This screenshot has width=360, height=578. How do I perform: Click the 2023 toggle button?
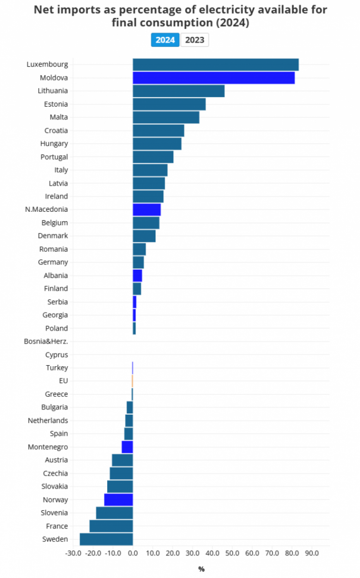[x=194, y=40]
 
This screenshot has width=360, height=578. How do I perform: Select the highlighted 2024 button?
[x=165, y=40]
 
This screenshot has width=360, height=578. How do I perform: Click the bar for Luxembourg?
[x=215, y=65]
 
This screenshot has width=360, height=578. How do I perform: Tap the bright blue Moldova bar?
[x=213, y=78]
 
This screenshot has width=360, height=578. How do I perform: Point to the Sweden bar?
[x=106, y=539]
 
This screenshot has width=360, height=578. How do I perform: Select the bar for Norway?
[x=118, y=499]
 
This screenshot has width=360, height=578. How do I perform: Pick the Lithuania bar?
[x=178, y=91]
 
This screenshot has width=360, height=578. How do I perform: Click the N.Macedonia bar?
[x=147, y=209]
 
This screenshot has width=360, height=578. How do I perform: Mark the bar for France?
[x=111, y=526]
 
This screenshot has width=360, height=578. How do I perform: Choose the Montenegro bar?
[x=127, y=447]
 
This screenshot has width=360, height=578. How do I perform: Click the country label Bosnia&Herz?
[x=46, y=341]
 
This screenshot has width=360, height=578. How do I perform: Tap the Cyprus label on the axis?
[x=57, y=355]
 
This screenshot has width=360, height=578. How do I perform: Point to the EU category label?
[x=63, y=381]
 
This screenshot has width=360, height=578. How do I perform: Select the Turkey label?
[x=57, y=368]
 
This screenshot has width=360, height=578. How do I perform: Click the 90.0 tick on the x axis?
[x=312, y=553]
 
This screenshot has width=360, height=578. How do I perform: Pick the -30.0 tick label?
[x=73, y=553]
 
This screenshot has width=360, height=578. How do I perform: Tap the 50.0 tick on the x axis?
[x=232, y=553]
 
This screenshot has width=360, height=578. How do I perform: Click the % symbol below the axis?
[x=201, y=569]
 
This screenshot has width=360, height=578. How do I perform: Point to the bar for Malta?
[x=166, y=117]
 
